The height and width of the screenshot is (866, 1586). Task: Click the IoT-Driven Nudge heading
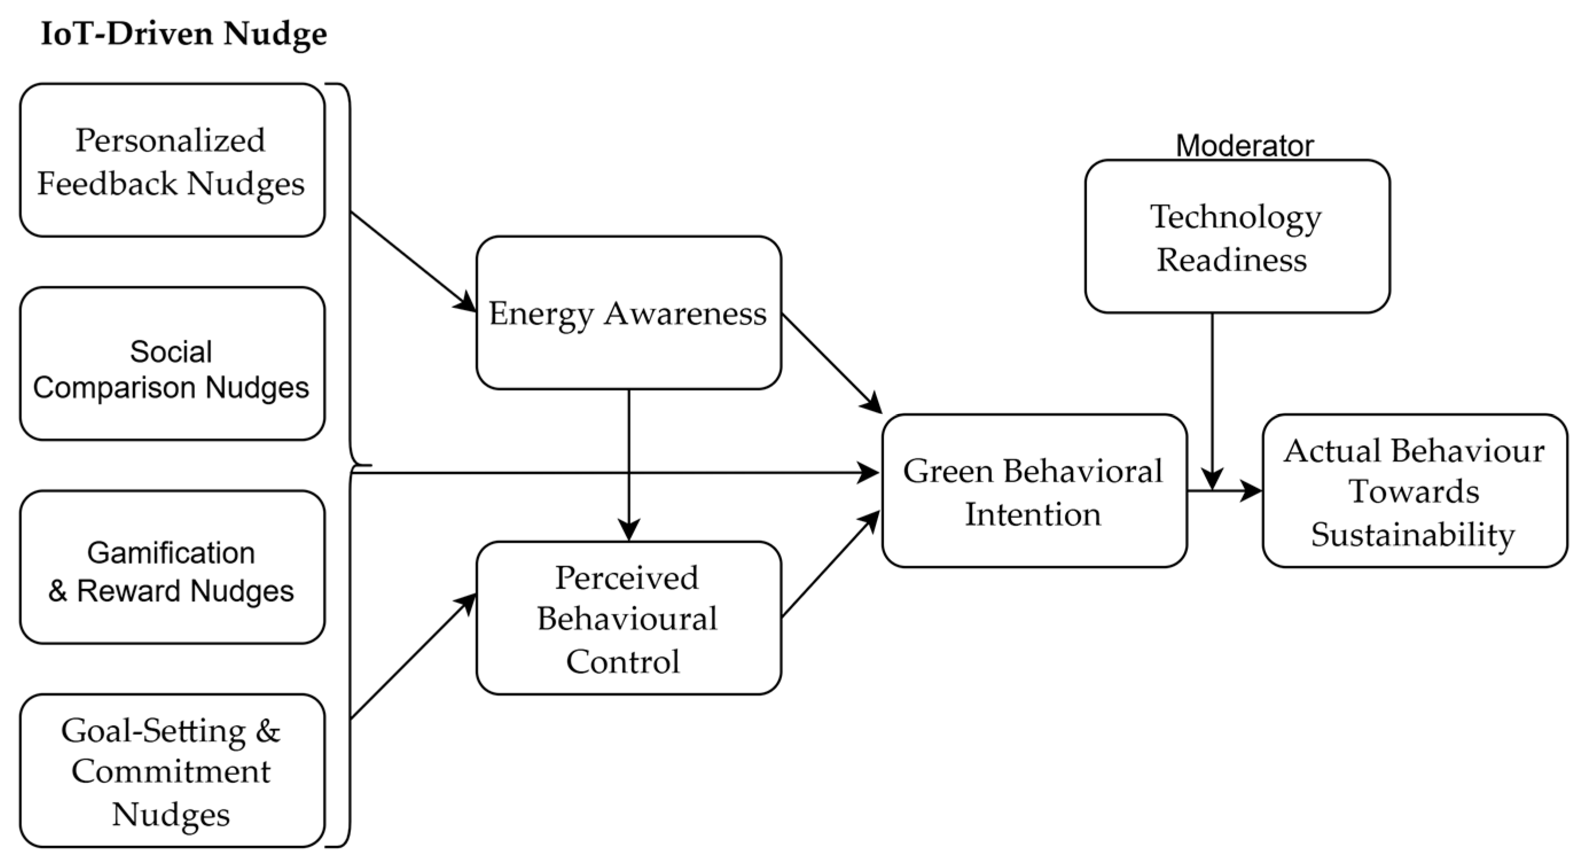[183, 33]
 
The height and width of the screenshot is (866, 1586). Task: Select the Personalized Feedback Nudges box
[172, 160]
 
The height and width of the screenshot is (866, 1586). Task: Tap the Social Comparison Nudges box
[172, 364]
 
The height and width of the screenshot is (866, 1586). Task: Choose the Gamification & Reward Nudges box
[172, 567]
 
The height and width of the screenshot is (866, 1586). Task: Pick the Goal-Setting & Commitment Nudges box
[172, 771]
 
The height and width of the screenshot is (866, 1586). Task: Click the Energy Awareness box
[629, 313]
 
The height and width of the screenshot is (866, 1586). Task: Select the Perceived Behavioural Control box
[629, 618]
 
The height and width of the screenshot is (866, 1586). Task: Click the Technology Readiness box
[1237, 236]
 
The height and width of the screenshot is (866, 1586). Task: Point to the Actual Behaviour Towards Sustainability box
[1414, 491]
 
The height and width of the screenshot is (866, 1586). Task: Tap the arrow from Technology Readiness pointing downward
[1212, 400]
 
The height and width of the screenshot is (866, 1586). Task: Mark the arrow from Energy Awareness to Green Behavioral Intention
[831, 364]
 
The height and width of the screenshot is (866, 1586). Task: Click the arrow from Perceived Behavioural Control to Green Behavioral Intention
[830, 564]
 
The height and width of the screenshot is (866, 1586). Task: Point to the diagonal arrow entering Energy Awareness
[413, 261]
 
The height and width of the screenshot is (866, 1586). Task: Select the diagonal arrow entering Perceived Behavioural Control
[413, 657]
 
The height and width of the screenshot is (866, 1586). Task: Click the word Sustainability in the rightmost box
[1412, 535]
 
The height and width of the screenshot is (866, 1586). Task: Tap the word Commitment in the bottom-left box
[171, 771]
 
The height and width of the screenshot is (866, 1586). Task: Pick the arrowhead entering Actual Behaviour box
[1252, 491]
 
